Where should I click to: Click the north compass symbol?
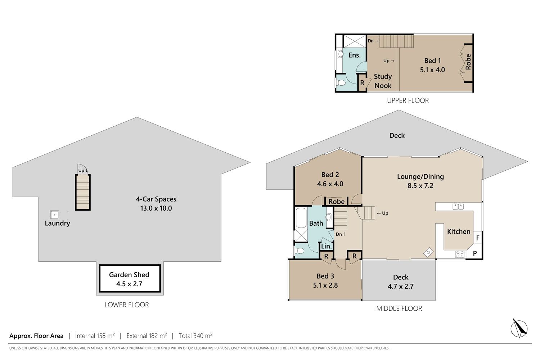519,328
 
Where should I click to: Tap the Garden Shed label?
129,275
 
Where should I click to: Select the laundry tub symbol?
55,215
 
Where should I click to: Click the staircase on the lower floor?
83,192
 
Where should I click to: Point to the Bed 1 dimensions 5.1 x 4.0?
432,70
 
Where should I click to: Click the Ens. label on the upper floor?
355,55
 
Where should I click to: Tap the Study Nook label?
383,81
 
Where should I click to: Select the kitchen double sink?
458,207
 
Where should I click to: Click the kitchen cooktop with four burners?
460,255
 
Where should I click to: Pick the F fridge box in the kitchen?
478,238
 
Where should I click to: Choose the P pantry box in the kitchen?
475,253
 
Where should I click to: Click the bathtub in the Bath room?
301,218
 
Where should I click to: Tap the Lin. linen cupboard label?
327,246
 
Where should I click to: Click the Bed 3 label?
325,276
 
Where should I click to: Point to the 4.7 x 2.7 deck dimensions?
401,287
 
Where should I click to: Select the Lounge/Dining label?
420,177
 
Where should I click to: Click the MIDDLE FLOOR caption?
399,309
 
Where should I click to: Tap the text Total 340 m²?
195,336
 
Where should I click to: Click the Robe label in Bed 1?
468,62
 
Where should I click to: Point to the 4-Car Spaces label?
156,199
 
